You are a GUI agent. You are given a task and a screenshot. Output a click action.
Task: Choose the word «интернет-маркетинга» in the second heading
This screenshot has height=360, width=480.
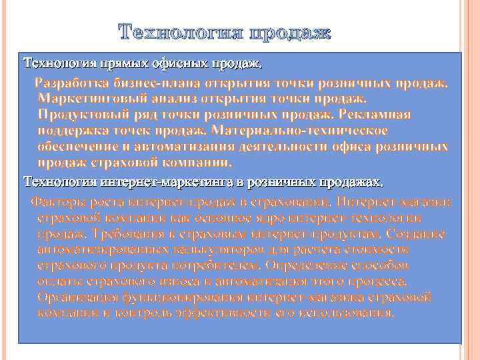point(156,181)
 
